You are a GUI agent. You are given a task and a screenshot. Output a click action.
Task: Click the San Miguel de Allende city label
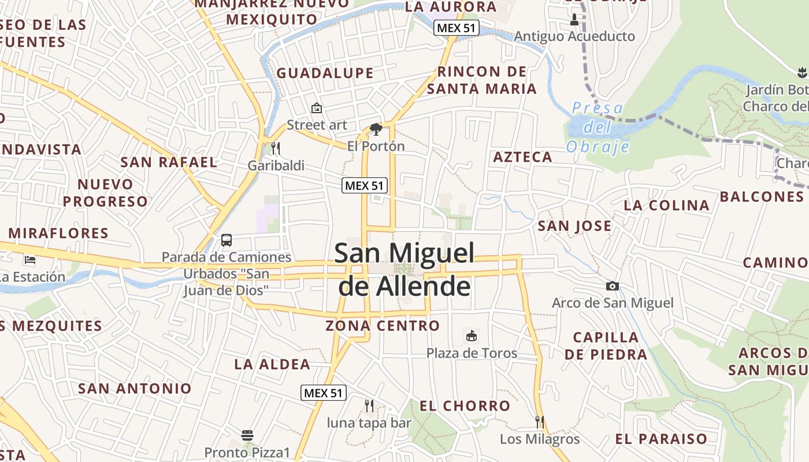pos(404,270)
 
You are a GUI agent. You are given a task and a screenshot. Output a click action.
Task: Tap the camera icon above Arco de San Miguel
pos(613,286)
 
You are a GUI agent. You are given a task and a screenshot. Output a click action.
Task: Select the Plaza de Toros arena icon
pos(472,336)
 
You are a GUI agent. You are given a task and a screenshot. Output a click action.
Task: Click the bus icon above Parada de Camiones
pos(227,240)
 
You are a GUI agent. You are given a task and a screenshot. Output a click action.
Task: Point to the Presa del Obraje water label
pos(598,127)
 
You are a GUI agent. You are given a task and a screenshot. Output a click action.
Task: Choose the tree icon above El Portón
pos(376,129)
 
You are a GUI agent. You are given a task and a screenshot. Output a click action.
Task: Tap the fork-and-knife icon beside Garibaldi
pos(276,148)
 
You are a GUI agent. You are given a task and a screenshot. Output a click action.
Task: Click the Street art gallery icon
pos(317,108)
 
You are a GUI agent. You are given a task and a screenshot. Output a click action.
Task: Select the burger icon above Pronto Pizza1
pos(247,435)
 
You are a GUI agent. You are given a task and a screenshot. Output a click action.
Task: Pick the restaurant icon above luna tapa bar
pos(369,406)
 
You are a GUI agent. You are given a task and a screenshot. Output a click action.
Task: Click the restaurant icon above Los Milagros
pos(540,422)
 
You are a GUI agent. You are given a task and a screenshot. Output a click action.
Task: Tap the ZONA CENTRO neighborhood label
pos(383,326)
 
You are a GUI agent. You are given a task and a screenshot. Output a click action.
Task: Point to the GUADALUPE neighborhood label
pos(325,73)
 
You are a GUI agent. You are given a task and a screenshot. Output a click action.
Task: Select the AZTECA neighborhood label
pos(523,157)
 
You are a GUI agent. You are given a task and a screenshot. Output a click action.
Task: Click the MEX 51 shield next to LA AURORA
pos(457,28)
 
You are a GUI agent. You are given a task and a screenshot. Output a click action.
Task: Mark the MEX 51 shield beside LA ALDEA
pos(324,393)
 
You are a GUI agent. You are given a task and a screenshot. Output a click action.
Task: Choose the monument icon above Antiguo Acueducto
pos(574,20)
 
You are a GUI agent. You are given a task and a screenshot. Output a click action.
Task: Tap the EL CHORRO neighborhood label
pos(465,406)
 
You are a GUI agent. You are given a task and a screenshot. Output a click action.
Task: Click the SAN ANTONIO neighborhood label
pos(135,388)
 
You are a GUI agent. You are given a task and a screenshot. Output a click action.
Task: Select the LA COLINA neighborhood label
pos(667,205)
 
